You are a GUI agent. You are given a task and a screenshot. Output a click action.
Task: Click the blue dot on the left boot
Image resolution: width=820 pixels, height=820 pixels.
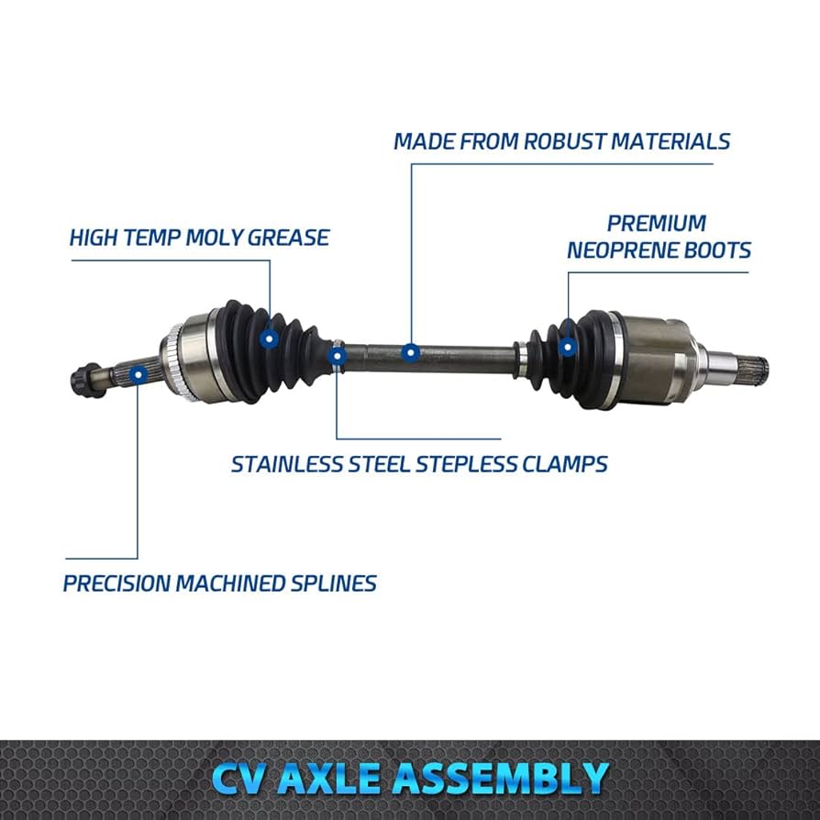tap(269, 339)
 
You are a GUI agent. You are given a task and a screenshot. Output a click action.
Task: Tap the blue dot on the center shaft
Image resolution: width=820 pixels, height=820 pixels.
tap(411, 351)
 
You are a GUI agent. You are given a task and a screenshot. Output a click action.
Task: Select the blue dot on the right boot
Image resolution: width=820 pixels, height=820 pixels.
tap(568, 347)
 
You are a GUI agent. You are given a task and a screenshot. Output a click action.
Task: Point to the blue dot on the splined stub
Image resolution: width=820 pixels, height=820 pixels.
tap(138, 373)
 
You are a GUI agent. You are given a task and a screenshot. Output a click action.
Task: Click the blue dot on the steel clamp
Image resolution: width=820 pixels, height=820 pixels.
tap(338, 354)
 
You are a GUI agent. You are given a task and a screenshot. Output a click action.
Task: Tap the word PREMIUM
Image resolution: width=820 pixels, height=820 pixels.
tap(657, 223)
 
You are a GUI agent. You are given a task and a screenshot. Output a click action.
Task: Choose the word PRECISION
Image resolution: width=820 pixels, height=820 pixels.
tap(116, 582)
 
